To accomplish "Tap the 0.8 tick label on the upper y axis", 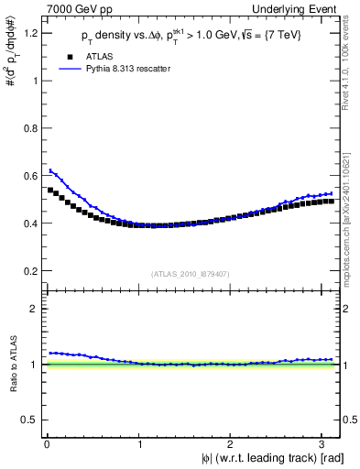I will [x=29, y=128].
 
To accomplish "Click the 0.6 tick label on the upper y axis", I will [x=29, y=176].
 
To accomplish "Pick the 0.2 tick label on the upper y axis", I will [x=29, y=271].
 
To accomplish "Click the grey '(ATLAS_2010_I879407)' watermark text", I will [x=191, y=273].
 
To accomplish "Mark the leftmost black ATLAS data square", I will [x=50, y=191].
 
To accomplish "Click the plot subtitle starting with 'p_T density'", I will [x=191, y=36].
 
